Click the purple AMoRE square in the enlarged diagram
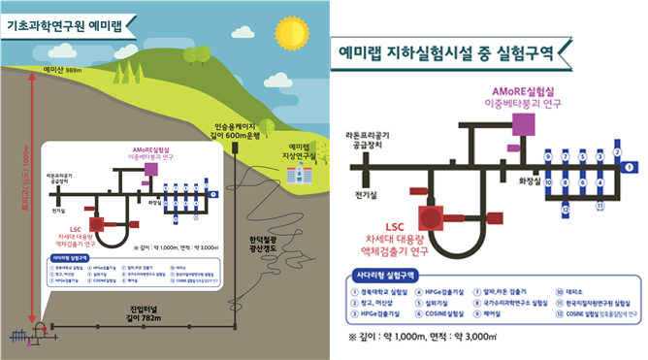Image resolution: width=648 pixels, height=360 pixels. click(526, 123)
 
